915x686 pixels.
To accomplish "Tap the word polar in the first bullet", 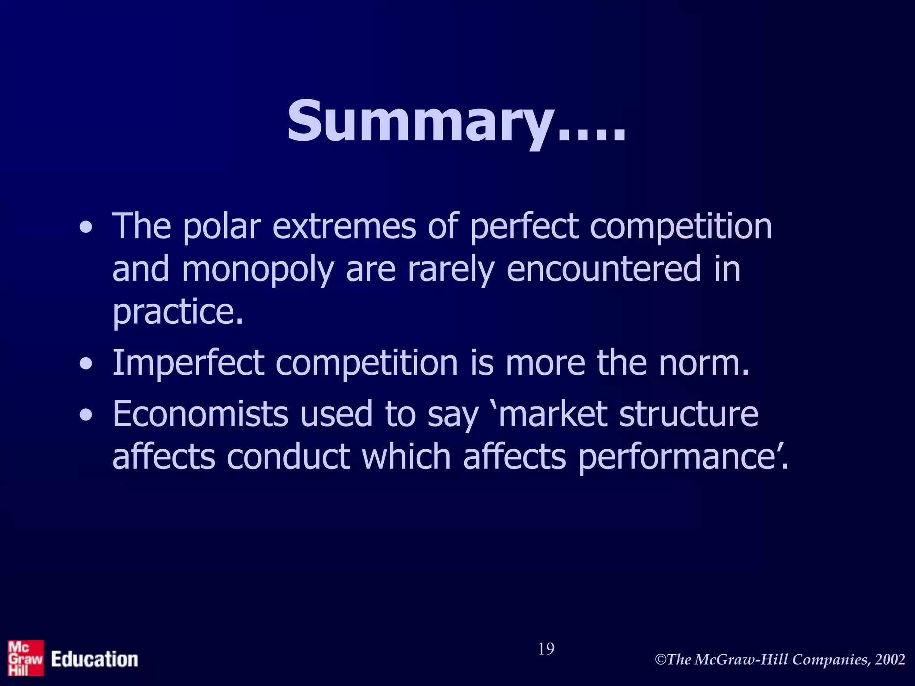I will pos(222,226).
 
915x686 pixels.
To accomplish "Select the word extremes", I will pos(344,226).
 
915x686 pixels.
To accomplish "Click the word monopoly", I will pos(258,270).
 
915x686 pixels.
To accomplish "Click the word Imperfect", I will pos(188,363).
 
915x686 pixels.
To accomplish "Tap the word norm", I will pos(704,363).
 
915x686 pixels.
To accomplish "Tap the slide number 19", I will pos(546,649).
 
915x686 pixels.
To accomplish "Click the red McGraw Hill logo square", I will pos(25,658).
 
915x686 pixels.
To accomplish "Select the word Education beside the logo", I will pos(94,659).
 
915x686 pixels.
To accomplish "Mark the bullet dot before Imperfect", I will pos(86,364).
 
